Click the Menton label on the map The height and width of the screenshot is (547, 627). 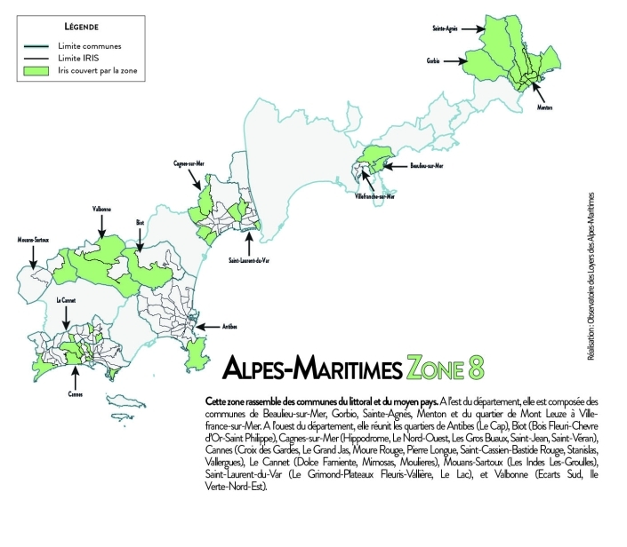(545, 107)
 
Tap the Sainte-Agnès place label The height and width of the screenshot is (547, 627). (445, 28)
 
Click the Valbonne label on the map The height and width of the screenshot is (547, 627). (100, 210)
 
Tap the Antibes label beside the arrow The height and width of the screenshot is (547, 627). (229, 327)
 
